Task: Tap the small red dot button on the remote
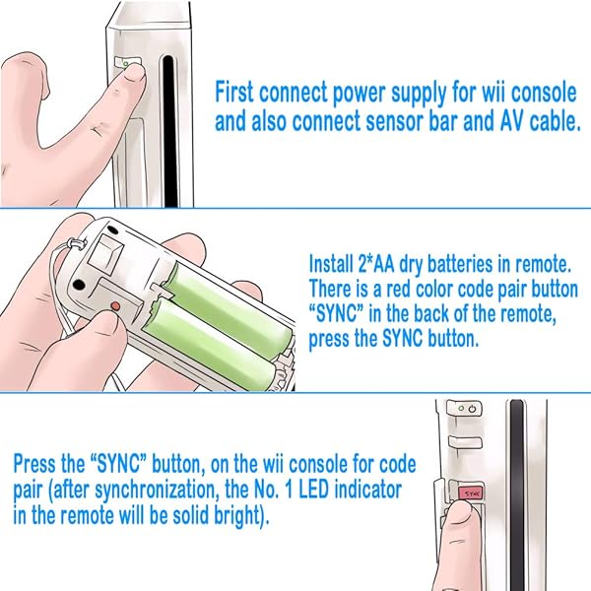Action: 115,306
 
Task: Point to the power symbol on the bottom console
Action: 472,409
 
